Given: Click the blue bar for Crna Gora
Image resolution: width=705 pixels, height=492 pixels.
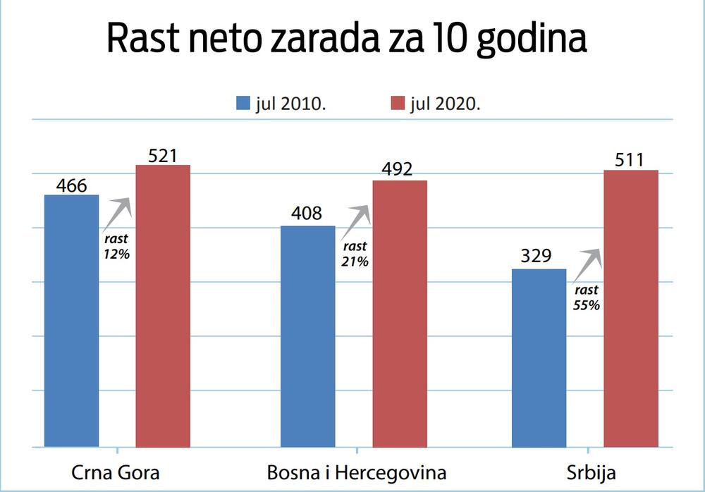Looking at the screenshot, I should tap(71, 321).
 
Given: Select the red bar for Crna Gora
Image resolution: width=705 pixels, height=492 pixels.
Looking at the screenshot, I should tap(163, 306).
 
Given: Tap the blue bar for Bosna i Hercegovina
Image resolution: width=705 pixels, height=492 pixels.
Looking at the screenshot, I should tap(308, 336).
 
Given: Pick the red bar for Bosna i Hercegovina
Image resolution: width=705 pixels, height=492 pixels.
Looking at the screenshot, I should tap(400, 314).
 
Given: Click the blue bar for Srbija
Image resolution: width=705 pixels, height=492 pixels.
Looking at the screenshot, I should tap(539, 358).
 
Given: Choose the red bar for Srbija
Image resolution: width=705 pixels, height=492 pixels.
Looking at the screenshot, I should tap(631, 309).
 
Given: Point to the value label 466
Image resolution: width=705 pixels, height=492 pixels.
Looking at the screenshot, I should tap(71, 185).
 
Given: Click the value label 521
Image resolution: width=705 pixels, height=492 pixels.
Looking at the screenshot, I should tap(163, 155).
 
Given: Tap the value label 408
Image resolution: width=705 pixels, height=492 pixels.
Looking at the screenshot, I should tap(307, 214).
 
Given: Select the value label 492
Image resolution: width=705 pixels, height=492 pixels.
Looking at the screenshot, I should tap(400, 170).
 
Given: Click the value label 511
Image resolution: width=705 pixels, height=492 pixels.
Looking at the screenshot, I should tap(630, 160).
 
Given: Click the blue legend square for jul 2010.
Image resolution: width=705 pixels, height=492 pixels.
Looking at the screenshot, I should tap(243, 104).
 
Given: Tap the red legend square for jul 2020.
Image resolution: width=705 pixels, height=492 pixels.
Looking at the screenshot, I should tap(397, 104).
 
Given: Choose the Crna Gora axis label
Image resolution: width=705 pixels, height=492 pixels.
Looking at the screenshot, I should tap(116, 472).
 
